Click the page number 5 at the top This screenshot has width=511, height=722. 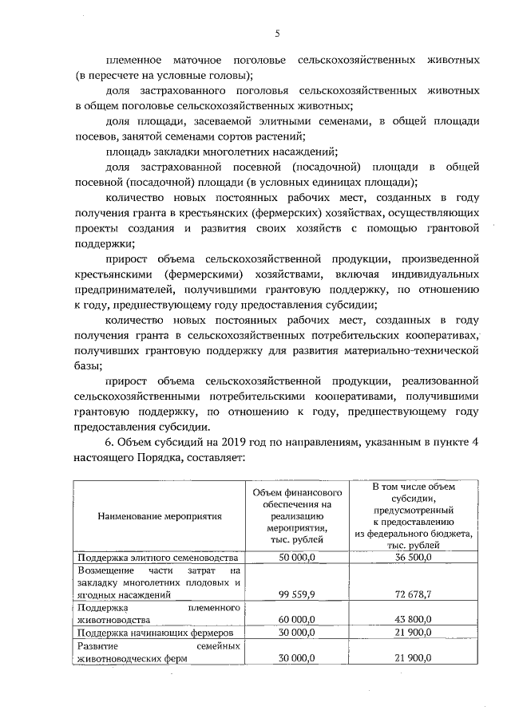coord(277,33)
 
